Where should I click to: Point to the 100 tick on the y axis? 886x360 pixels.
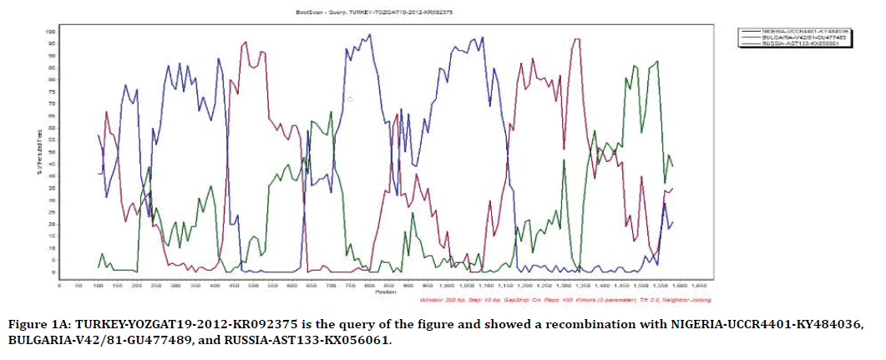point(50,32)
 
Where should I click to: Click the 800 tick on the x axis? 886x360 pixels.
point(369,286)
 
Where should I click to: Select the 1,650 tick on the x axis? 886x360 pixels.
point(697,286)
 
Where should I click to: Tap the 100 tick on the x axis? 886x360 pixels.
point(98,286)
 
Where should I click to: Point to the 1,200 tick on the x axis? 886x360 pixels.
point(524,286)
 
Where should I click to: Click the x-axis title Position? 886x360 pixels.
point(386,292)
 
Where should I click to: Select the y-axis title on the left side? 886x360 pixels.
point(36,150)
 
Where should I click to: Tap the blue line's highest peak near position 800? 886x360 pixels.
point(369,35)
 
